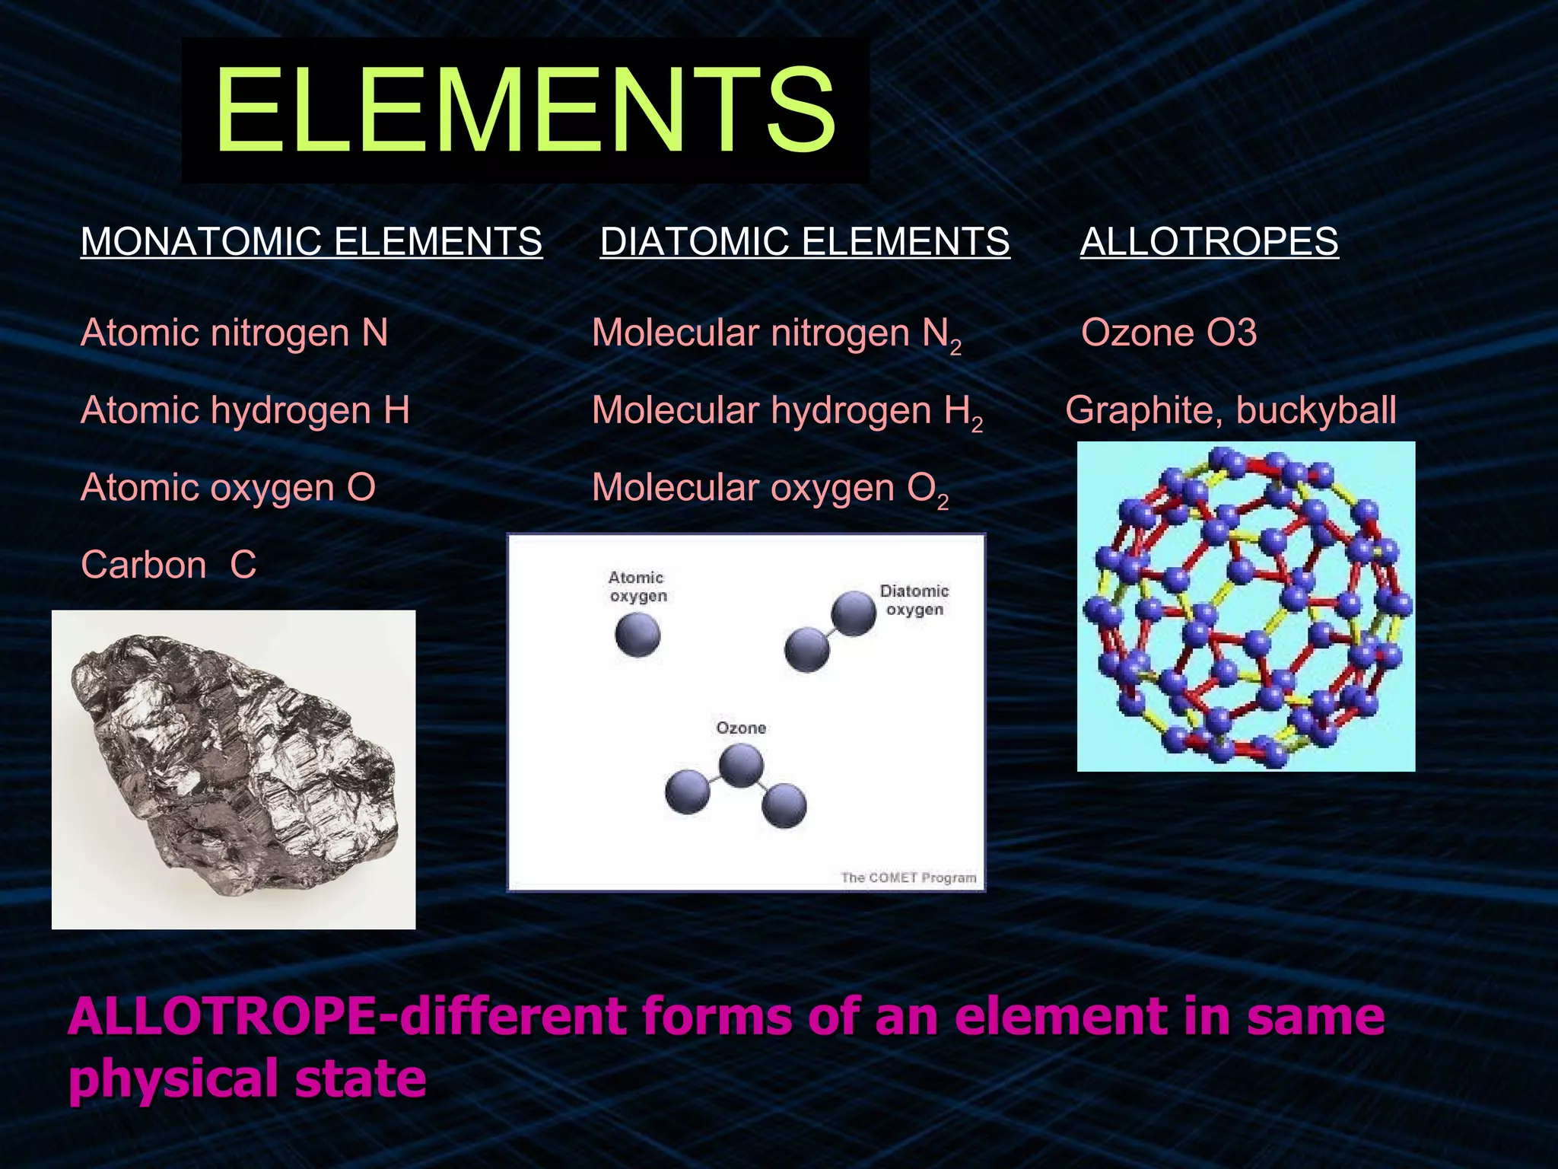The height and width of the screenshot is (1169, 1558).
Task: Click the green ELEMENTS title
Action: pos(525,111)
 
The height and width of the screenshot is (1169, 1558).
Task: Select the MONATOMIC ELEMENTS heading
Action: pos(311,242)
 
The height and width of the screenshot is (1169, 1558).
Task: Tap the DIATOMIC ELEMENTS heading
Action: pos(804,242)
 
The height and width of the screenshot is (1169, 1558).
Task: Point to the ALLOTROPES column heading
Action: pos(1209,242)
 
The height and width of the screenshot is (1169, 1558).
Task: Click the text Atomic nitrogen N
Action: pos(234,333)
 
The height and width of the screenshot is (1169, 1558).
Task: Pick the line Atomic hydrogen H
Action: pos(245,411)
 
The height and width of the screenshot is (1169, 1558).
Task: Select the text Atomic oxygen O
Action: pos(228,488)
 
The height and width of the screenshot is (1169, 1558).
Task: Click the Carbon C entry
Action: pos(169,565)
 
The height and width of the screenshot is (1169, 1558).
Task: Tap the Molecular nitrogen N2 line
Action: pos(776,335)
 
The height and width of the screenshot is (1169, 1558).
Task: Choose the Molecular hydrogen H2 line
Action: pos(787,412)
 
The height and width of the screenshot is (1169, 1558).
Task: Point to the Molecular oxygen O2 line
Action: pos(769,489)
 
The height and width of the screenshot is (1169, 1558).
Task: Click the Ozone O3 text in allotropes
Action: pos(1168,333)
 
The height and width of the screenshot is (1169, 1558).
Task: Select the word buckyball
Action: pos(1316,411)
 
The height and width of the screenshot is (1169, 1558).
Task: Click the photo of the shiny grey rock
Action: pos(234,769)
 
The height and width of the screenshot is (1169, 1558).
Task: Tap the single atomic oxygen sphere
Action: pos(638,635)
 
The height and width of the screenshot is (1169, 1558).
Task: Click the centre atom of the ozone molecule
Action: pos(741,765)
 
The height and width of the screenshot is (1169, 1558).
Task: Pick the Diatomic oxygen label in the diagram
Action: pos(914,600)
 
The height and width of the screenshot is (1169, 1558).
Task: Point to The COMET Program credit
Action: pos(908,878)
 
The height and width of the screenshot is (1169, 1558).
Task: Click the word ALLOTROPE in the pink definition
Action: pos(221,1017)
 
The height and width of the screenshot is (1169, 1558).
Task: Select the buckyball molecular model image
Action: pos(1245,607)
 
